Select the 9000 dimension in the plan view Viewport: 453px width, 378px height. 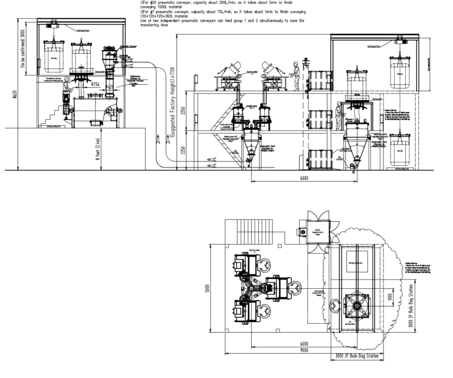point(303,351)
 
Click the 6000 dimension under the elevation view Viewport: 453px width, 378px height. point(303,178)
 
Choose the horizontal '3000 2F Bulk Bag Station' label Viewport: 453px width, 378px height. point(355,357)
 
